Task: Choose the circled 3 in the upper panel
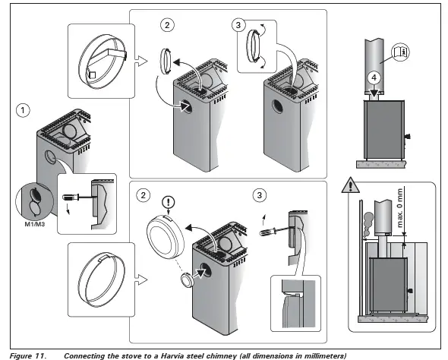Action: (x=239, y=24)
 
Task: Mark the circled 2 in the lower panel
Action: (x=143, y=195)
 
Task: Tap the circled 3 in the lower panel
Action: (x=259, y=195)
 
